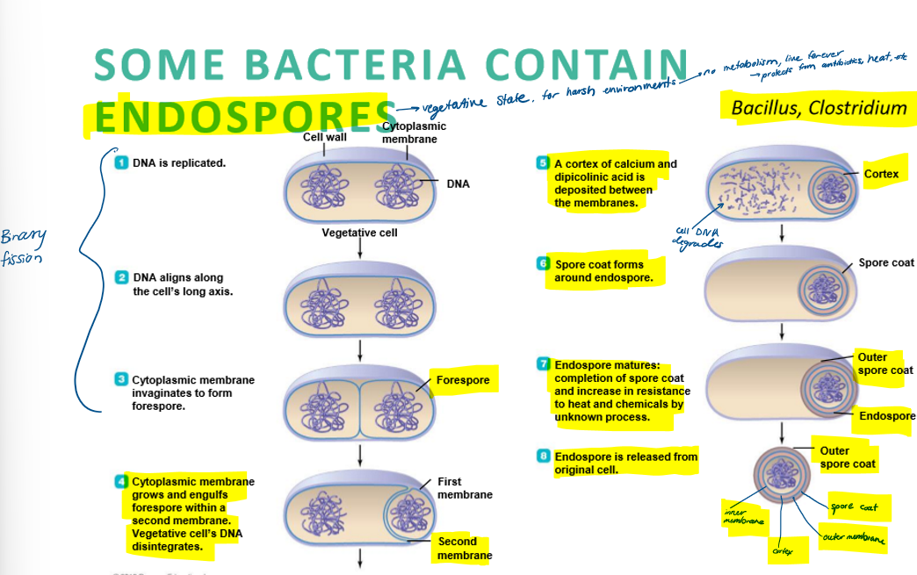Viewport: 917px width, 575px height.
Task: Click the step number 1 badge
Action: click(122, 162)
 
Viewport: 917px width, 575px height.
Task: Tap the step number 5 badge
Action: click(544, 163)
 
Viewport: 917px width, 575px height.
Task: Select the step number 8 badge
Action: click(544, 456)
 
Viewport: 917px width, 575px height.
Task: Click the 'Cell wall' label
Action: click(324, 137)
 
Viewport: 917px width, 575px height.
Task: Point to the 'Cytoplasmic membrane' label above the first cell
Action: click(408, 133)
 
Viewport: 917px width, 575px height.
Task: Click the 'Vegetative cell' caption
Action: click(359, 233)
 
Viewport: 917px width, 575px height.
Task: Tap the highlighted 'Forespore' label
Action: click(464, 381)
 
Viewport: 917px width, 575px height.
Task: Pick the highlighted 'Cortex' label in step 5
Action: click(881, 174)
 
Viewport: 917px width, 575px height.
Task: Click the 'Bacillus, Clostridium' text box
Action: click(819, 108)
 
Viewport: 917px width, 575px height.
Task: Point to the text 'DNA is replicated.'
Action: click(179, 163)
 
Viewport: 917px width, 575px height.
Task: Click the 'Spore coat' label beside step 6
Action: click(885, 262)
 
